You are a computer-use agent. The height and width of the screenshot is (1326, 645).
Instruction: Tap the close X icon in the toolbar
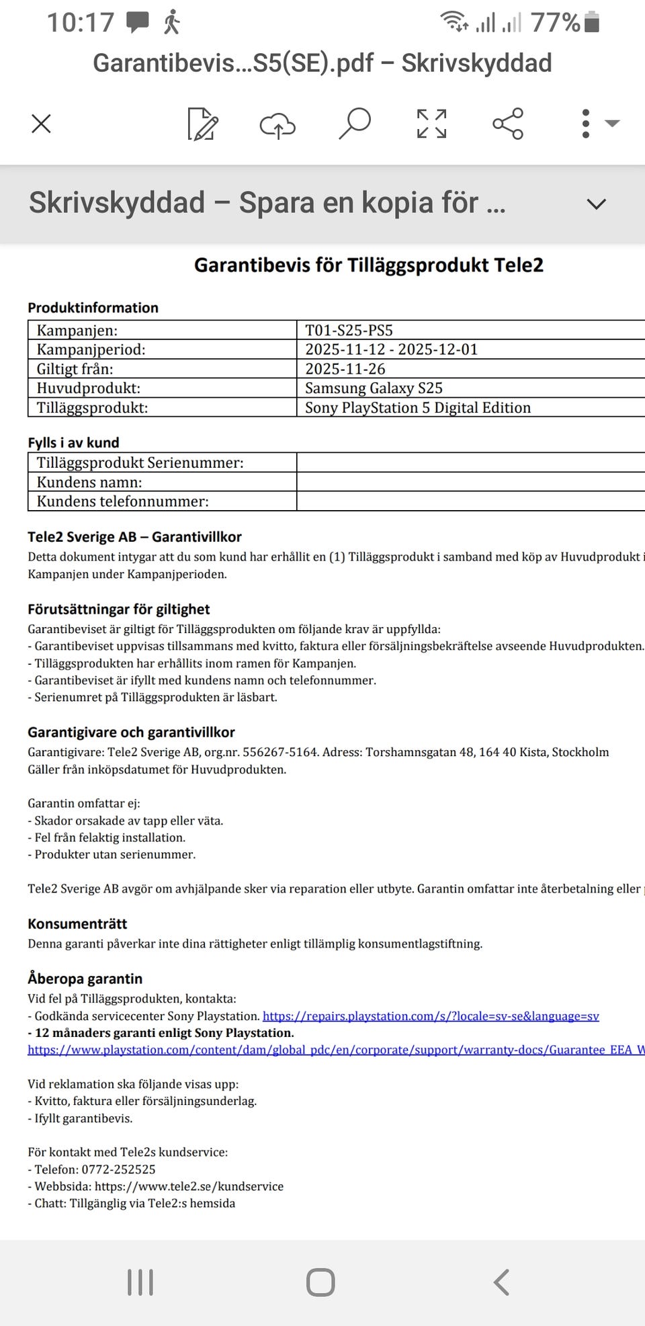coord(42,124)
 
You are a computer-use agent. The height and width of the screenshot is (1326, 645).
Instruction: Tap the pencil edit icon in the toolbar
coord(202,124)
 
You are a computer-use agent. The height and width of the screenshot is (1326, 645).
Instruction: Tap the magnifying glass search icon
coord(355,123)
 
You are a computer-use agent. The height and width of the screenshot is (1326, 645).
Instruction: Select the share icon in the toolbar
coord(507,124)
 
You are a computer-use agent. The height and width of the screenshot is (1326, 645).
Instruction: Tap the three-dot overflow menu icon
coord(586,124)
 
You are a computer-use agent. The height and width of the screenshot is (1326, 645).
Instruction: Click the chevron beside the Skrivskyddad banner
coord(596,204)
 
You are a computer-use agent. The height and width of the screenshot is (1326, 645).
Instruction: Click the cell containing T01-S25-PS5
coord(349,330)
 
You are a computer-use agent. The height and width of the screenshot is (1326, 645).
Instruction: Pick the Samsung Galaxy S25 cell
coord(374,388)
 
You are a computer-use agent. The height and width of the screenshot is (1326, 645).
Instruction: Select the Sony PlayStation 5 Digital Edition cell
coord(417,407)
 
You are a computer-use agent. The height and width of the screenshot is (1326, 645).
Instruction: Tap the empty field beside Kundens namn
coord(470,482)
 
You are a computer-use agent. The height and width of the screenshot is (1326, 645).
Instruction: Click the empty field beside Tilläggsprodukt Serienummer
coord(470,462)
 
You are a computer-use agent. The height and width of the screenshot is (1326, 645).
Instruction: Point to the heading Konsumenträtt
coord(77,923)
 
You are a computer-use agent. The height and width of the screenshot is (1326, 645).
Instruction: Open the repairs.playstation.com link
coord(430,1016)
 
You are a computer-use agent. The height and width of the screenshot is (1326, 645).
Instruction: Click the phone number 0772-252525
coord(118,1169)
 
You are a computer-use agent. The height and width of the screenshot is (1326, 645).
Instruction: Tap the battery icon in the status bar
coord(591,22)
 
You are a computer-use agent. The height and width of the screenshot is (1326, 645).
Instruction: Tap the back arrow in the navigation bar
coord(501,1282)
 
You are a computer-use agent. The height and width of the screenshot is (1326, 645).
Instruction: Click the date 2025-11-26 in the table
coord(345,368)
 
